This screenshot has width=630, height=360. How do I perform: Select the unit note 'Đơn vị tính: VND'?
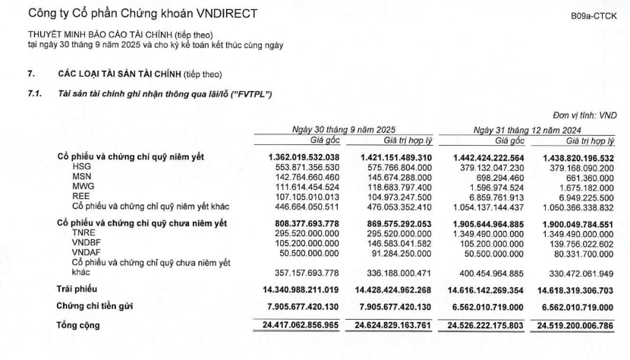586,115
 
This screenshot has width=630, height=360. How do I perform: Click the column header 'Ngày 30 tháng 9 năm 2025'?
344,130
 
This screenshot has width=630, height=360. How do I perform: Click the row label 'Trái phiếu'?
77,289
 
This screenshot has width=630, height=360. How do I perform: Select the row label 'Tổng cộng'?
79,326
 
